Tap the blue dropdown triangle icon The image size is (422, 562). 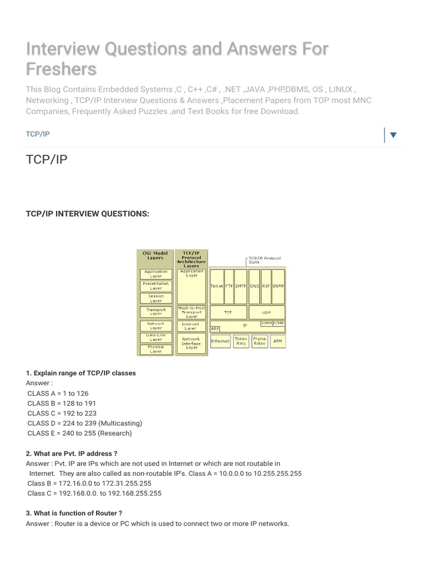(x=393, y=135)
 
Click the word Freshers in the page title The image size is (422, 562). (x=61, y=69)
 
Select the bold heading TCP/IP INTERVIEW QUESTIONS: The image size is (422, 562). (x=87, y=213)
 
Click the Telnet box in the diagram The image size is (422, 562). (x=217, y=286)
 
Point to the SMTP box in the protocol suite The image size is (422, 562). (x=241, y=286)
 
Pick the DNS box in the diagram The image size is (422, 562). (x=254, y=286)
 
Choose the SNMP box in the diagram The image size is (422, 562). (x=279, y=286)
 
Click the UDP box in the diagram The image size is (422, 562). (x=266, y=312)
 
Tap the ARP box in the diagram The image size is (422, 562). (x=215, y=329)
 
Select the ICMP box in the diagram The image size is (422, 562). (x=279, y=324)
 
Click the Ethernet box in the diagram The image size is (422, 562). (x=220, y=341)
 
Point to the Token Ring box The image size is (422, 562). (x=241, y=341)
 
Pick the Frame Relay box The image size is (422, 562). (x=259, y=341)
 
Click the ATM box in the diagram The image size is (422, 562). (x=277, y=341)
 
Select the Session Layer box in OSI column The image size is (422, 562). (x=156, y=299)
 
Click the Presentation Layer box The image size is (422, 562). (x=156, y=286)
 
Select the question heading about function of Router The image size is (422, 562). (x=74, y=513)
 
